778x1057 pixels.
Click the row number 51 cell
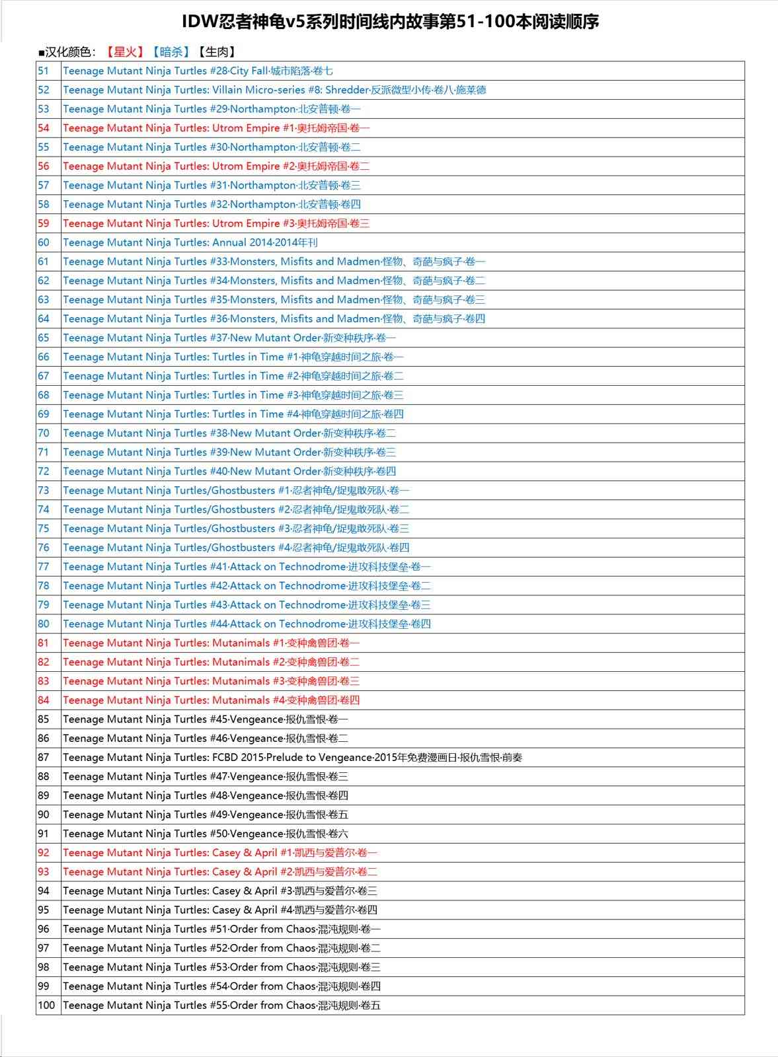point(44,71)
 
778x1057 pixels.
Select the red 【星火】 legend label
point(125,52)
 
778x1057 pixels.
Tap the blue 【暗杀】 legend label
point(171,52)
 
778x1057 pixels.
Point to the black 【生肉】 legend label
point(216,52)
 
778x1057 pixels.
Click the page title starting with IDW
point(390,22)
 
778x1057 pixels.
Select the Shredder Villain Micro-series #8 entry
point(274,90)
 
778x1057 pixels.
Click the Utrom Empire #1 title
point(216,128)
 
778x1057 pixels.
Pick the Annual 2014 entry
point(190,242)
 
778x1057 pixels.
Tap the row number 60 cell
point(44,242)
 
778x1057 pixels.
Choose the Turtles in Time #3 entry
point(233,395)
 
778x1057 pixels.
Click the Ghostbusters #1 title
point(236,490)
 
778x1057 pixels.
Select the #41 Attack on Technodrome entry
point(247,567)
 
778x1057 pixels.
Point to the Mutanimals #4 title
point(212,700)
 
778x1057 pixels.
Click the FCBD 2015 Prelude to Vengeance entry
point(292,758)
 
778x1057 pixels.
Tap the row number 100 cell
point(46,1005)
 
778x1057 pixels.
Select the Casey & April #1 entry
point(220,853)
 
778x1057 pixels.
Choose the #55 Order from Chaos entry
point(221,1005)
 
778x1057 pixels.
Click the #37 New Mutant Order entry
point(229,338)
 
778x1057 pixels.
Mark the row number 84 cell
point(44,700)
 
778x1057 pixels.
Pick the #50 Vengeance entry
point(206,834)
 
